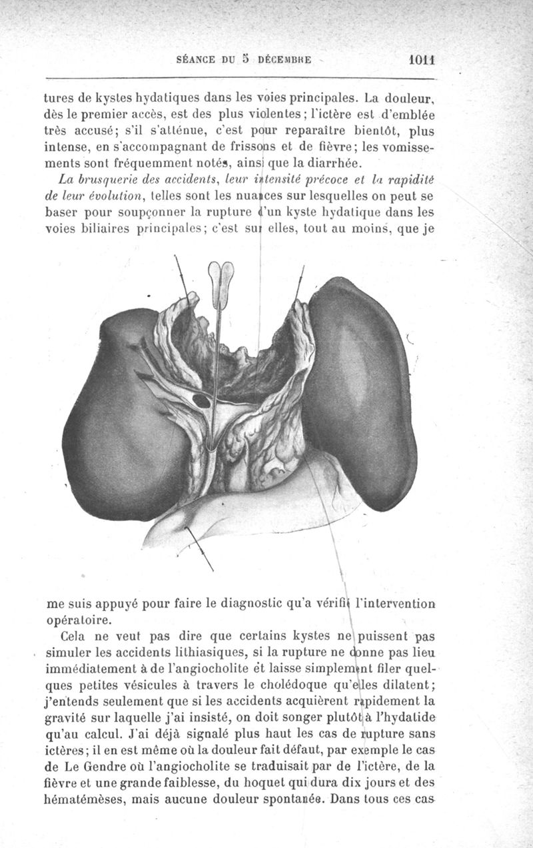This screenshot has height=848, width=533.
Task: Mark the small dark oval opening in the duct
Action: [x=201, y=401]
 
